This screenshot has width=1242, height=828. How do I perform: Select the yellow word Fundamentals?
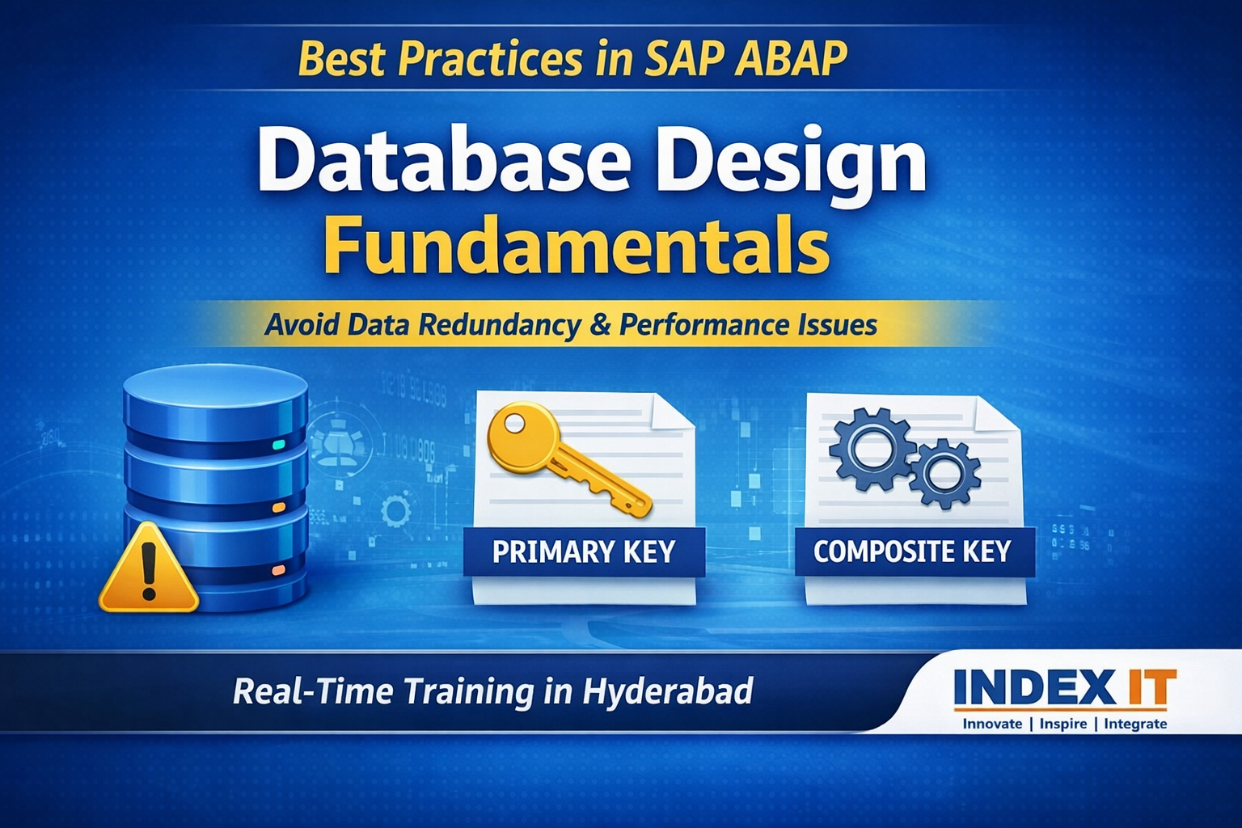pyautogui.click(x=577, y=244)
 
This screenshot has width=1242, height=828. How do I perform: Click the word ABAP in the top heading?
pyautogui.click(x=790, y=59)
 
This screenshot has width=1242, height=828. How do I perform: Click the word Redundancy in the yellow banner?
pyautogui.click(x=500, y=325)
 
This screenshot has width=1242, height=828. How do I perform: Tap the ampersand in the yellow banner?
pyautogui.click(x=600, y=325)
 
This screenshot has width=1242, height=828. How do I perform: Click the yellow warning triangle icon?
pyautogui.click(x=148, y=569)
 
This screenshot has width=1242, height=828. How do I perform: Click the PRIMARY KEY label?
pyautogui.click(x=584, y=552)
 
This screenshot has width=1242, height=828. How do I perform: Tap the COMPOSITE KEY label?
pyautogui.click(x=912, y=552)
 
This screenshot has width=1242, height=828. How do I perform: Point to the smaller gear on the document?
pyautogui.click(x=944, y=473)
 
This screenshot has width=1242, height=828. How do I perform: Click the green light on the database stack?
pyautogui.click(x=279, y=445)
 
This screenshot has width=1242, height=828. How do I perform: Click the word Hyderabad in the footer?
pyautogui.click(x=667, y=692)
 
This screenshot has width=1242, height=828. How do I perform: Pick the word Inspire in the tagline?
pyautogui.click(x=1062, y=724)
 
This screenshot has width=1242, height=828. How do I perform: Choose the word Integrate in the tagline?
pyautogui.click(x=1135, y=724)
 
